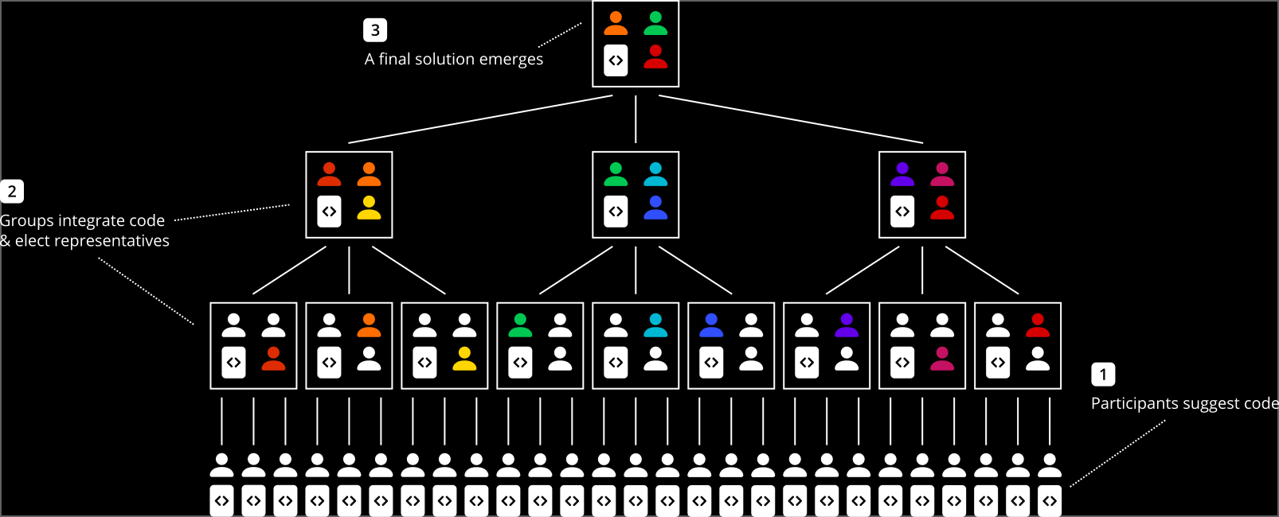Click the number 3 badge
[x=375, y=30]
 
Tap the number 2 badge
[x=12, y=192]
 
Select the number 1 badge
[x=1103, y=375]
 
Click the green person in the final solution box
[x=655, y=24]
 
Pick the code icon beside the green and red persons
[x=616, y=60]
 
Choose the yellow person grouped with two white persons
[x=464, y=359]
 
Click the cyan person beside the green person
[x=655, y=174]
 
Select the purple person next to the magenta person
[x=902, y=174]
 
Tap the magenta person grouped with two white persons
[x=942, y=359]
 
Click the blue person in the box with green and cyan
[x=655, y=208]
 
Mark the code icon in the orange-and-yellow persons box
[x=329, y=212]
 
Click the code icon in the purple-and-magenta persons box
[x=902, y=212]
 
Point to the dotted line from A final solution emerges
[x=560, y=35]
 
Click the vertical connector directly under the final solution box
[x=636, y=119]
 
